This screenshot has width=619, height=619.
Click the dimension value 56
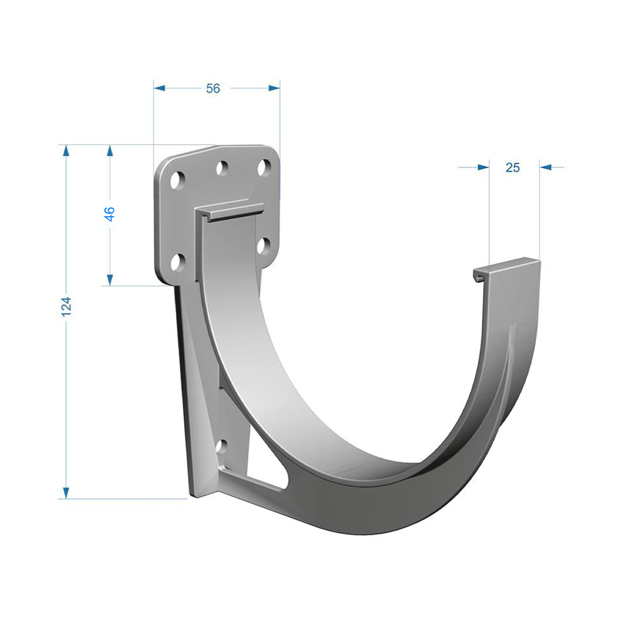213,88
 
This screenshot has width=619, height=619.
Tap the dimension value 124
67,307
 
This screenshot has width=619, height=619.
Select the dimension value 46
110,214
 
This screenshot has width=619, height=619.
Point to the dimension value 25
513,167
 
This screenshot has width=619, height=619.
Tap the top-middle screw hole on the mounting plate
222,168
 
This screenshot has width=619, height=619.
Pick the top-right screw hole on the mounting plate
265,168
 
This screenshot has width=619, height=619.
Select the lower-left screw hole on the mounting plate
177,262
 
